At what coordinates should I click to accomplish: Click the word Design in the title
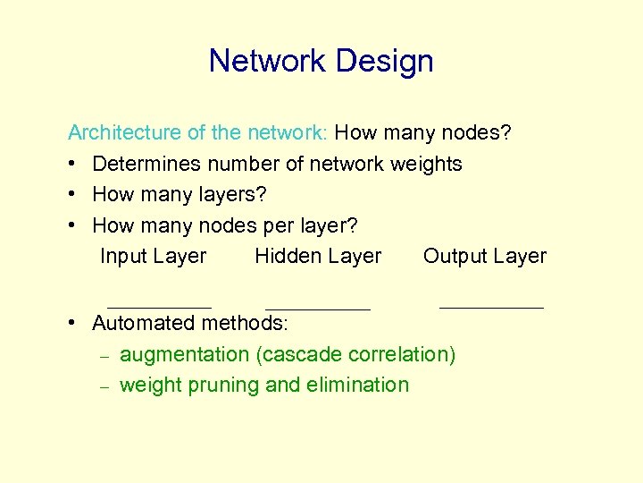(385, 61)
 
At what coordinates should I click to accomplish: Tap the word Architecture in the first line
(126, 133)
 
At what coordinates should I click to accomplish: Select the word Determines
(143, 164)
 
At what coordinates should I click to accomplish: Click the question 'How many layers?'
(180, 194)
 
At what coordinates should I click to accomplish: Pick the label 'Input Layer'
(153, 256)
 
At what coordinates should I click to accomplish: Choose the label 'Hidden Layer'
(318, 256)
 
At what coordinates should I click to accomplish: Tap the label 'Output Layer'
(485, 256)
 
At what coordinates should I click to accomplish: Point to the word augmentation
(185, 355)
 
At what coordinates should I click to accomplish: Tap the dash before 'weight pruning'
(104, 386)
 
